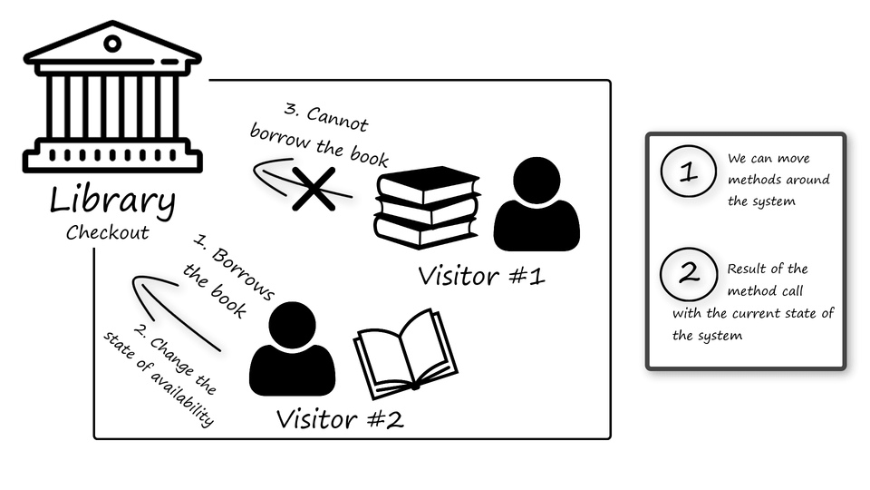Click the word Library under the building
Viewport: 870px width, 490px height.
coord(111,201)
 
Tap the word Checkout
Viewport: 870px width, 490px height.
coord(107,232)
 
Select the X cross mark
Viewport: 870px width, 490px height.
coord(313,188)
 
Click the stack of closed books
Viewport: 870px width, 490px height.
coord(427,206)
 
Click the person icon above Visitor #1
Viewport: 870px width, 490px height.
coord(536,205)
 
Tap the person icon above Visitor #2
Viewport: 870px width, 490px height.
coord(292,349)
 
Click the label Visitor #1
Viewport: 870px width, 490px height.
coord(481,275)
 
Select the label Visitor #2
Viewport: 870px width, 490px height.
coord(340,420)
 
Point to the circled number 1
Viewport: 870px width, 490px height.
coord(689,171)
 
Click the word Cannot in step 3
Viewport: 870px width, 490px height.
coord(337,119)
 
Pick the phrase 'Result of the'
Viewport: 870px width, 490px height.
coord(767,269)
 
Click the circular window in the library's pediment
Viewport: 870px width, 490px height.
coord(112,43)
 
